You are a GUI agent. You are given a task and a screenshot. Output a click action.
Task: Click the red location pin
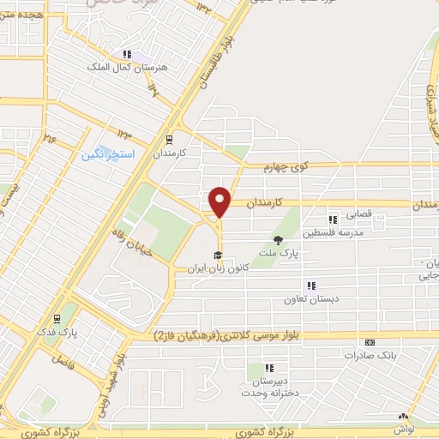220,201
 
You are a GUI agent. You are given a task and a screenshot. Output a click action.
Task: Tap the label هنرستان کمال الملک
123,66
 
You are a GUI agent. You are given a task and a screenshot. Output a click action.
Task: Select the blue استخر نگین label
103,155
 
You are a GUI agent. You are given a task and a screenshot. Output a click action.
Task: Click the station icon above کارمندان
169,138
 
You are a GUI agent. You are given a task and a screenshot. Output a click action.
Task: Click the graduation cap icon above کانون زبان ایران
218,256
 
